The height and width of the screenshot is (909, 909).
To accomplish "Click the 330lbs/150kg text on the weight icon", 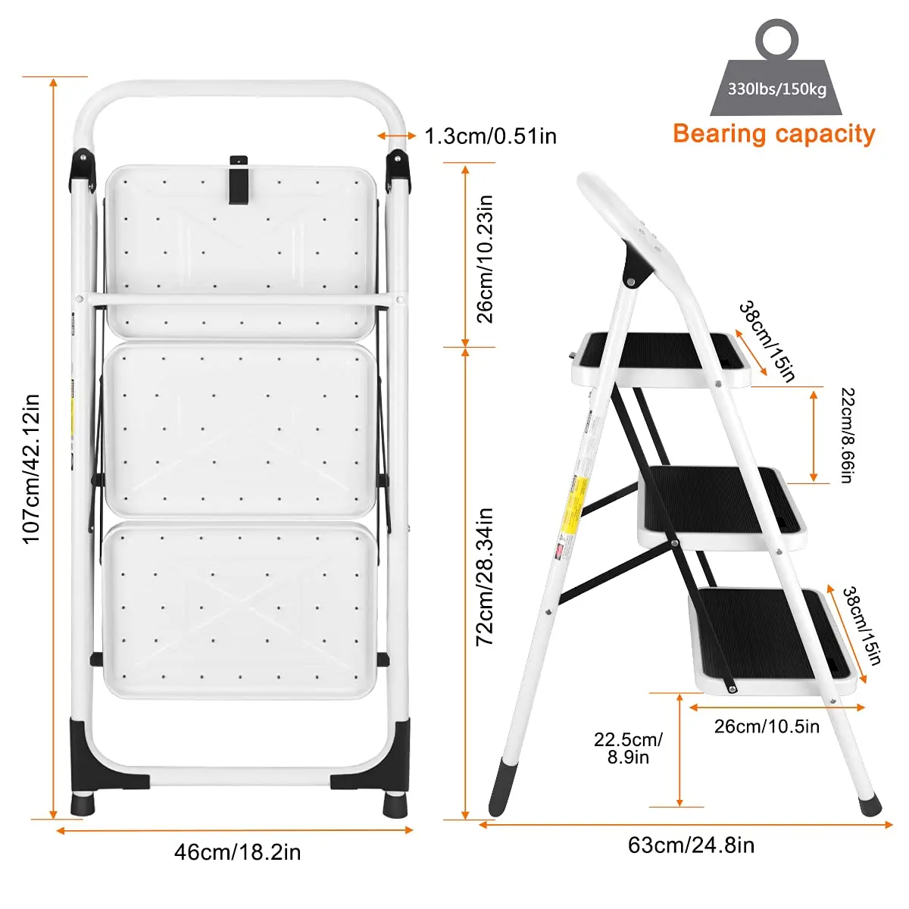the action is coord(776,89).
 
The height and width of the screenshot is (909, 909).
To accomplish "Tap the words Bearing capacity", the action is coord(773,134).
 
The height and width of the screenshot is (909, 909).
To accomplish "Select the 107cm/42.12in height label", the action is coord(30,468).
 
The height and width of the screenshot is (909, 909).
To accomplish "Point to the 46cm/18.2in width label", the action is coord(237,852).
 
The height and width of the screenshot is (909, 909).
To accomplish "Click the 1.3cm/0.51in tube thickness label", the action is coord(490,136).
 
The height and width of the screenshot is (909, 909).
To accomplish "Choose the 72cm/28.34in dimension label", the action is coord(485,576).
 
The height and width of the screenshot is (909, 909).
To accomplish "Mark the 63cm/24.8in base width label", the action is coord(691,845).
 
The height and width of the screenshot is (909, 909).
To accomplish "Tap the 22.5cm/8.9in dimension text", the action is coord(628,748).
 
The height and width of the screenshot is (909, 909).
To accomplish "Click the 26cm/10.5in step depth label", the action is coord(767,726).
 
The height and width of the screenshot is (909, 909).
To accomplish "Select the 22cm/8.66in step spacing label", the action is coord(847,435).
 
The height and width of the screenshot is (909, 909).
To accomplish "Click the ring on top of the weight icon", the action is coord(776,38).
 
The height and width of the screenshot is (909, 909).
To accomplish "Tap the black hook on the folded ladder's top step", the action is coord(239,180).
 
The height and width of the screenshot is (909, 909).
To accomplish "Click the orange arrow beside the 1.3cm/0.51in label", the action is coord(396,136).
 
